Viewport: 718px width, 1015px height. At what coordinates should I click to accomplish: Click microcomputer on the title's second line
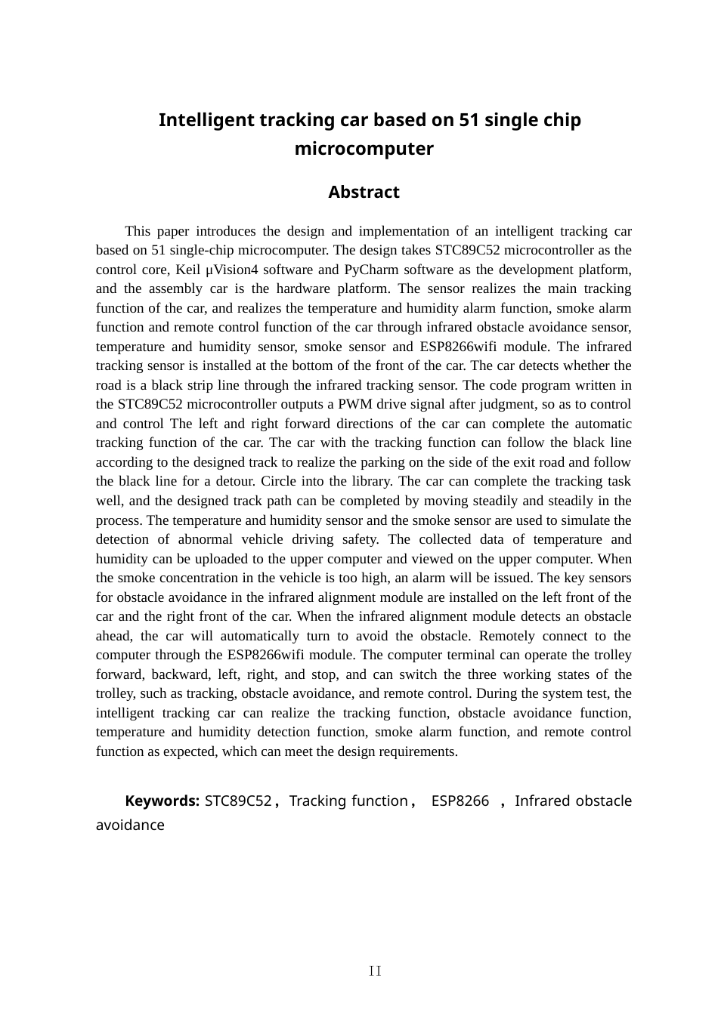[364, 149]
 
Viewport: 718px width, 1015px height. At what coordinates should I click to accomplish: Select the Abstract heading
[364, 193]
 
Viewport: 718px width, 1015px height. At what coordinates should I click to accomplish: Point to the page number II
[375, 971]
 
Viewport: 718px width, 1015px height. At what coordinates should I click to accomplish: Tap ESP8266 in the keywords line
[460, 801]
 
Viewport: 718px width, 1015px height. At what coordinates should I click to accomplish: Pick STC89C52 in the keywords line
[238, 801]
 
